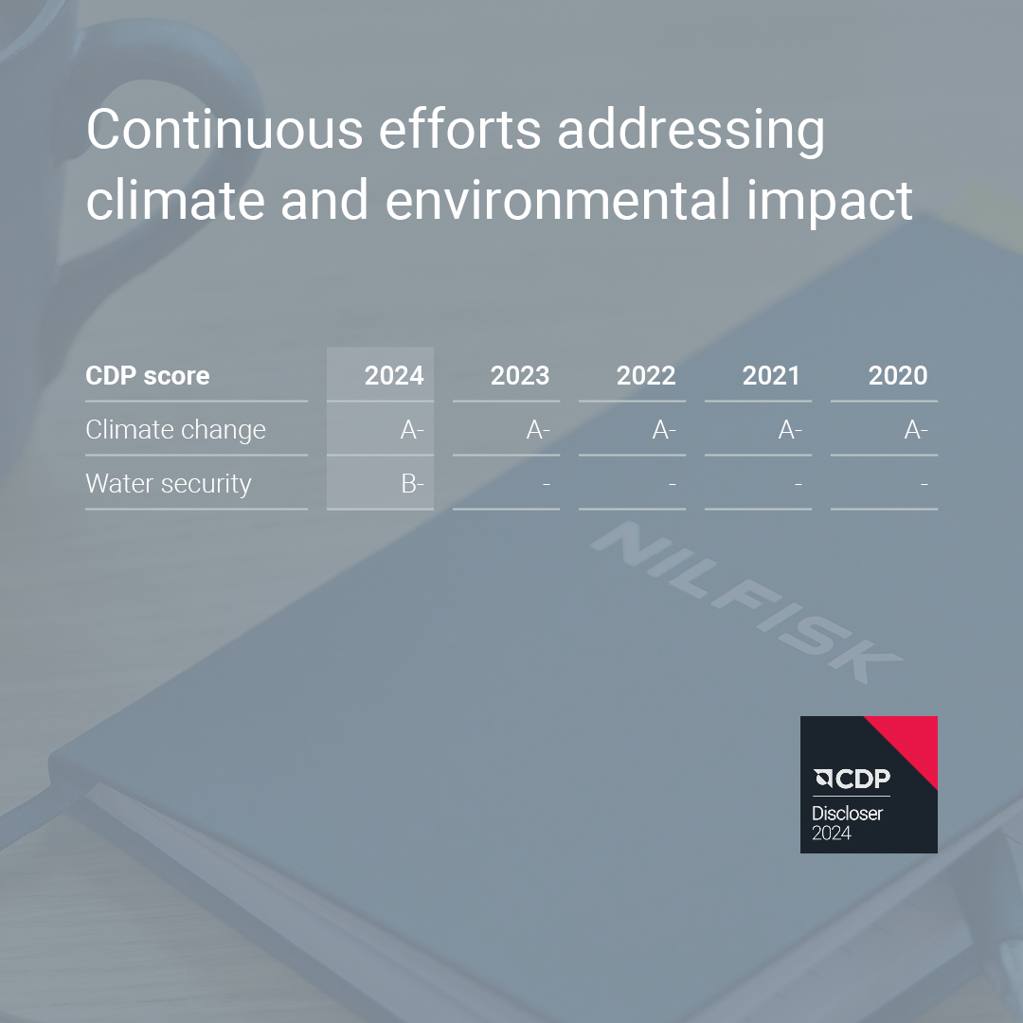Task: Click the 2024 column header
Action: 394,375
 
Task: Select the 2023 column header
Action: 520,375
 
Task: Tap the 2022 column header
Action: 646,375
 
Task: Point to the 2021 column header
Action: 771,375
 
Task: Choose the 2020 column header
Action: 898,375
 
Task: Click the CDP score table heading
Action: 148,376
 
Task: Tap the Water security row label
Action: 169,484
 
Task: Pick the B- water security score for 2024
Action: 412,483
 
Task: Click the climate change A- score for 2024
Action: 412,429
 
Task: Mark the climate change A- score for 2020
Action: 915,429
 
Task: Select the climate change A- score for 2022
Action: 663,429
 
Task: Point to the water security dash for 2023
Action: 547,484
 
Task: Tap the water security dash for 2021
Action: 798,484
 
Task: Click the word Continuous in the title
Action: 224,129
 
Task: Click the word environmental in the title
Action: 558,199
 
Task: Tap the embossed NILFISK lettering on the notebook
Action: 746,602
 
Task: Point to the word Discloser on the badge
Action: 847,814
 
